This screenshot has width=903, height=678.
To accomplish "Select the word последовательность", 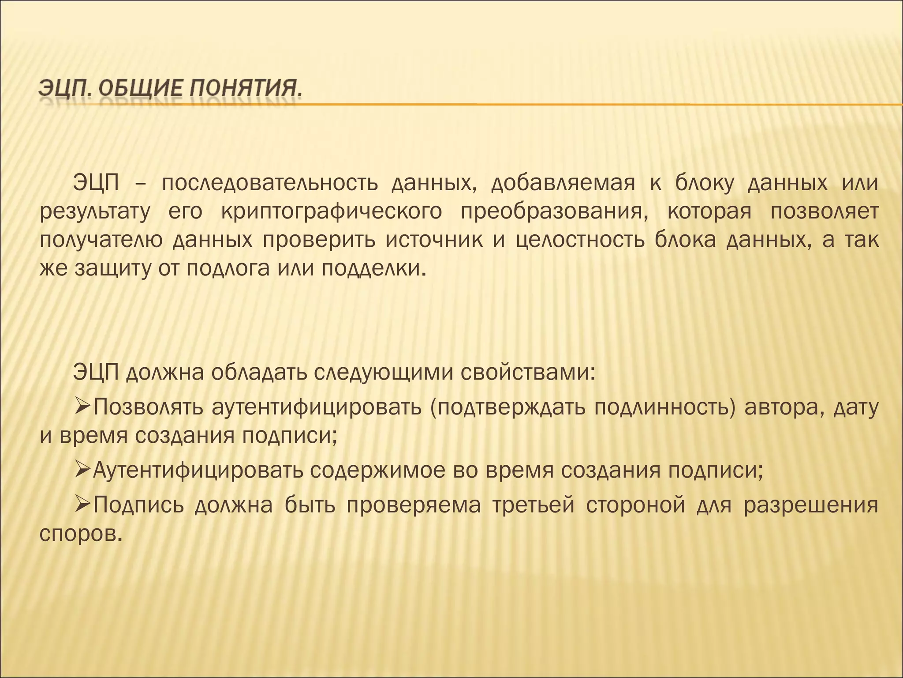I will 270,183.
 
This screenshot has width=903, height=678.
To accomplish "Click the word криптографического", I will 332,212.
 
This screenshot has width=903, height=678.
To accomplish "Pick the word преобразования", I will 555,212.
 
